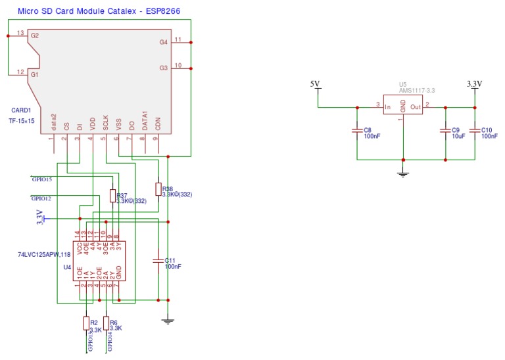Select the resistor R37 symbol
(x=112, y=196)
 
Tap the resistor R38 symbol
(x=158, y=189)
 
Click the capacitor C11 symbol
(x=158, y=261)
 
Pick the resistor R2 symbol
(x=86, y=323)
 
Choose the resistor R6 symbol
(x=106, y=323)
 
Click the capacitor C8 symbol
(x=356, y=131)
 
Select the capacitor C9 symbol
(x=445, y=131)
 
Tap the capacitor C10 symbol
(x=475, y=131)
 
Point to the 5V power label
(x=315, y=83)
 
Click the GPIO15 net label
(x=41, y=179)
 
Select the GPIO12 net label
(x=41, y=198)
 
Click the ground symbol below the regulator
(x=403, y=173)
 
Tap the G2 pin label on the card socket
(x=34, y=35)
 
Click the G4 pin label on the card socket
(x=163, y=42)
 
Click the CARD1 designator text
(x=20, y=110)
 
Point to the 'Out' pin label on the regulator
(x=415, y=106)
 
